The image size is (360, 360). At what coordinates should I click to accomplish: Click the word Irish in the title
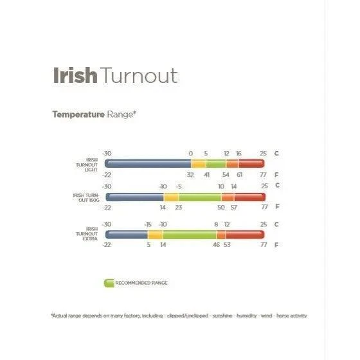[74, 75]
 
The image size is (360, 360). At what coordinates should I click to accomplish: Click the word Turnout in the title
[138, 75]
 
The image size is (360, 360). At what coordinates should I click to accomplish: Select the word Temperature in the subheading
[78, 114]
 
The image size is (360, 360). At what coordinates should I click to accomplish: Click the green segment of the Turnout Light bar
[216, 164]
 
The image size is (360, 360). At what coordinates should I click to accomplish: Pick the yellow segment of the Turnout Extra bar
[155, 235]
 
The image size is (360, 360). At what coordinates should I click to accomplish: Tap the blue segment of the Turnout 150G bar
[134, 197]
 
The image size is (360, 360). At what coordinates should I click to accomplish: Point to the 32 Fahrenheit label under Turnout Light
[190, 175]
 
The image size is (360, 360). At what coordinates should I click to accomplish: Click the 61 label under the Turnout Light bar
[239, 175]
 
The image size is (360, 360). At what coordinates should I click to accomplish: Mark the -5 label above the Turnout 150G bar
[179, 186]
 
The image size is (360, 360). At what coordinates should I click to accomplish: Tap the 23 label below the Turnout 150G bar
[179, 208]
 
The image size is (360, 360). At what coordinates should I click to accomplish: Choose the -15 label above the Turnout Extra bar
[148, 224]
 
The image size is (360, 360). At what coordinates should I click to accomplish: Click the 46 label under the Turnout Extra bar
[216, 245]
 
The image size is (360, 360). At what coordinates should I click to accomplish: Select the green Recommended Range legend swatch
[108, 282]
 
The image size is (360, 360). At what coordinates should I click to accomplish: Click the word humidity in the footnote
[248, 315]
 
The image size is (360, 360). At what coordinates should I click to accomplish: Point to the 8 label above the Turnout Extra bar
[216, 224]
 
